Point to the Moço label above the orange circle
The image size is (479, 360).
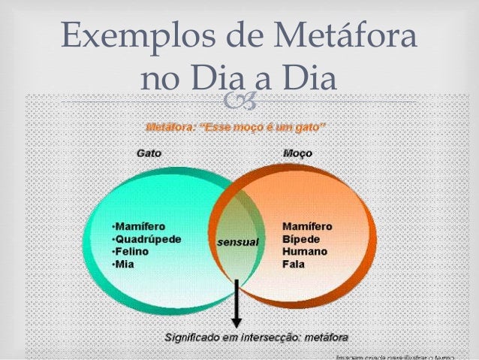(298, 152)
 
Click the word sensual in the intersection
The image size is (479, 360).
(237, 242)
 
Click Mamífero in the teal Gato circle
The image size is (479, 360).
(138, 226)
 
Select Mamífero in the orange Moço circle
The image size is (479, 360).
(307, 226)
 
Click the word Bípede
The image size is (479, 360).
(300, 239)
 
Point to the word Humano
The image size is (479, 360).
(303, 252)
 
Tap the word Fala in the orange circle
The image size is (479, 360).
(293, 265)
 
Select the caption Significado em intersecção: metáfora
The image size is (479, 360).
(251, 335)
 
